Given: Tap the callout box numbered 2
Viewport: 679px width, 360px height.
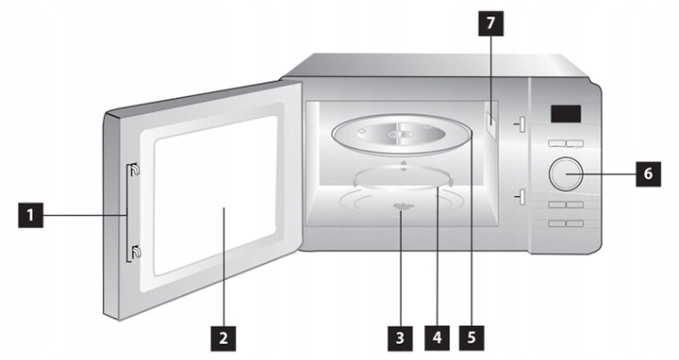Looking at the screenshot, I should pyautogui.click(x=222, y=334).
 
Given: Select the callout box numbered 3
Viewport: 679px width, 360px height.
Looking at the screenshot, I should pyautogui.click(x=401, y=334).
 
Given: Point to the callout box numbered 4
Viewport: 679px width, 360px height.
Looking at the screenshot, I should pyautogui.click(x=435, y=334).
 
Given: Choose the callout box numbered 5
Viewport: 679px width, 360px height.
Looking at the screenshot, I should pyautogui.click(x=469, y=334).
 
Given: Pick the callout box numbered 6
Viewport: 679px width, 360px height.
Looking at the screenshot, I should pyautogui.click(x=647, y=172).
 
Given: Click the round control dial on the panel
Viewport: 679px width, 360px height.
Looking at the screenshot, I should pyautogui.click(x=563, y=172).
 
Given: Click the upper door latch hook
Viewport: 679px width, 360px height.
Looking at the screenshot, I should pyautogui.click(x=134, y=170).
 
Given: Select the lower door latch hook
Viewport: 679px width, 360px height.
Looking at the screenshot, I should pyautogui.click(x=134, y=251).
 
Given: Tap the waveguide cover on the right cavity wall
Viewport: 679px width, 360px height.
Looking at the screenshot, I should pyautogui.click(x=491, y=121).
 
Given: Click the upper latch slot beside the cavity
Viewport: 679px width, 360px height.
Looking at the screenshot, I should pyautogui.click(x=518, y=123).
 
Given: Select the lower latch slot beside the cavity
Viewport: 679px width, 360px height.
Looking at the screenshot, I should pyautogui.click(x=518, y=196).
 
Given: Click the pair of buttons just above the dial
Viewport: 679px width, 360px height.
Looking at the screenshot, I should pyautogui.click(x=563, y=143).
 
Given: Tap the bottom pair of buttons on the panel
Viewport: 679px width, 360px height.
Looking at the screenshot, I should pyautogui.click(x=563, y=222).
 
